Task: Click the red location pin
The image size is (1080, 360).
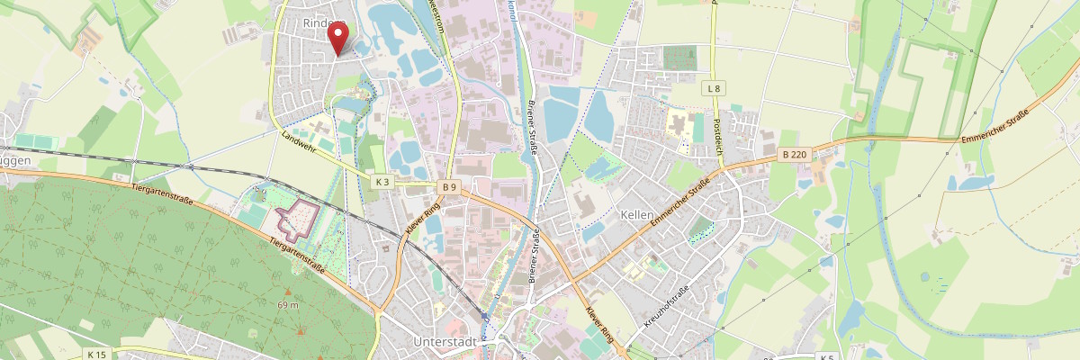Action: pos(338,38)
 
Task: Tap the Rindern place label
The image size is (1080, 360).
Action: pos(324,24)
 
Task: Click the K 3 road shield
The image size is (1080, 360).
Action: pos(382,183)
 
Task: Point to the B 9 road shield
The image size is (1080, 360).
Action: pos(450,186)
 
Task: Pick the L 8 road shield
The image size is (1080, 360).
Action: pos(714,88)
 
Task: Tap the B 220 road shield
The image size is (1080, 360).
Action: pos(795,155)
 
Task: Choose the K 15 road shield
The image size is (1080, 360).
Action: pos(97,355)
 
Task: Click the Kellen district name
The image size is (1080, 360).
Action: pos(636,215)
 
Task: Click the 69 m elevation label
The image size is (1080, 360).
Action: pos(288,306)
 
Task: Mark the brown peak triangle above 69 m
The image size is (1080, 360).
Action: pos(288,292)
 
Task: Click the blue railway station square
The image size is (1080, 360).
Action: pos(486,317)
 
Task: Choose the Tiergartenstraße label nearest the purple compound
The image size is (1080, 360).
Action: pos(297,256)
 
